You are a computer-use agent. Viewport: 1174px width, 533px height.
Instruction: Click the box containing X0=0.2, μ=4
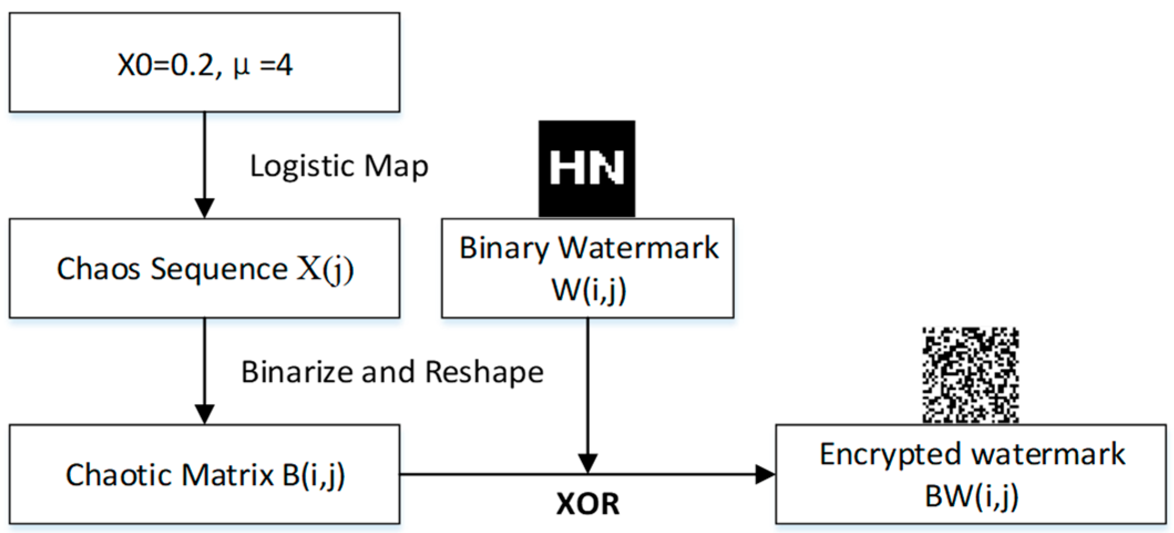pos(204,62)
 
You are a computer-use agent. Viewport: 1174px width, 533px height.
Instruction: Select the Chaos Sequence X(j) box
pos(204,268)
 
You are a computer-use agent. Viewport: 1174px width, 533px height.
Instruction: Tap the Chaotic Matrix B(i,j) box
pos(204,474)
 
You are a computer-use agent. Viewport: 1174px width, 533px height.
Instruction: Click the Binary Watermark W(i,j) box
pos(588,268)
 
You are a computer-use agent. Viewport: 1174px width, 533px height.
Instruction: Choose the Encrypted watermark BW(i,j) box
pos(971,474)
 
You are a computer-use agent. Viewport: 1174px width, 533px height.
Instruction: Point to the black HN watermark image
pos(587,168)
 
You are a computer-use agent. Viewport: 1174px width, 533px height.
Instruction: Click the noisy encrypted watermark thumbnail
pos(970,375)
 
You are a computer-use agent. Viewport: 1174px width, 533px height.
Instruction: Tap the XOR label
pos(588,504)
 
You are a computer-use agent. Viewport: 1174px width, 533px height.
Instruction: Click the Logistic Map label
pos(339,166)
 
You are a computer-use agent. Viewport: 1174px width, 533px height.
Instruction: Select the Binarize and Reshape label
pos(392,372)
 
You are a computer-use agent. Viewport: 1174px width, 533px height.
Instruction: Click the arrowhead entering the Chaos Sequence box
pos(204,208)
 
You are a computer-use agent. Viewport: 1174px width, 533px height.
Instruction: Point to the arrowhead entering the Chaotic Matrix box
pos(204,414)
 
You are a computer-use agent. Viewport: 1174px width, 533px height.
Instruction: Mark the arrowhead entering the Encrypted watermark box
pos(765,474)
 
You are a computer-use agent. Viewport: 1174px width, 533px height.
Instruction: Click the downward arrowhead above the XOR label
pos(588,463)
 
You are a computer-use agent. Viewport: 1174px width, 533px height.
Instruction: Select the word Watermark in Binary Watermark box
pos(638,248)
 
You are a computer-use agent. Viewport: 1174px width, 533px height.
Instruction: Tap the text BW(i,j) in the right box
pos(971,495)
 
